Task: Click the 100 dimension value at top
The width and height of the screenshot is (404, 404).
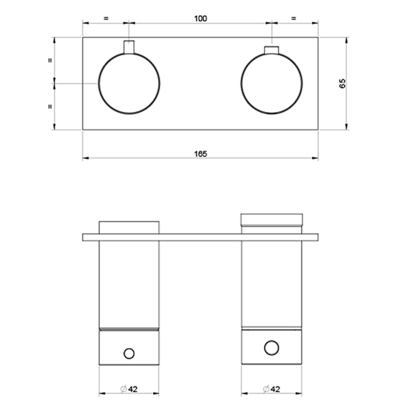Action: click(201, 19)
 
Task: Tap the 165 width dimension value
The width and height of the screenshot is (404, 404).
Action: click(201, 154)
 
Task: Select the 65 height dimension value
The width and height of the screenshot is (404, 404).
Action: click(342, 84)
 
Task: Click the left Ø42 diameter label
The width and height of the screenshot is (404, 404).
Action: click(129, 389)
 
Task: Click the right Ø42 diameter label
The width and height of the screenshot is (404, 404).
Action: click(272, 389)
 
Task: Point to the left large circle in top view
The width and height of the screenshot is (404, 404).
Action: click(129, 84)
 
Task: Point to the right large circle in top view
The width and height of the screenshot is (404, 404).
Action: click(271, 84)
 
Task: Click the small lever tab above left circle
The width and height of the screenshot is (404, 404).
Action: click(129, 47)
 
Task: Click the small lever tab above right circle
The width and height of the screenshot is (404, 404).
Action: click(271, 50)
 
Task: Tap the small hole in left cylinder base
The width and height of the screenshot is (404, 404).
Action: click(129, 353)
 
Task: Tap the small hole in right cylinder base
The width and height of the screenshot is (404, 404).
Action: click(271, 347)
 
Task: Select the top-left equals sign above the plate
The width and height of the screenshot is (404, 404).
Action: click(106, 19)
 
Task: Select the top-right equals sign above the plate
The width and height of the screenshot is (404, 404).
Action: click(293, 19)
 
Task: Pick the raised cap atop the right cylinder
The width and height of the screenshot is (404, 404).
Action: click(271, 219)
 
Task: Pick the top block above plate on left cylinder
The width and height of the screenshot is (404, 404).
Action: click(129, 227)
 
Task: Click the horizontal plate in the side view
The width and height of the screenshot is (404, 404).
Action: click(200, 237)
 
